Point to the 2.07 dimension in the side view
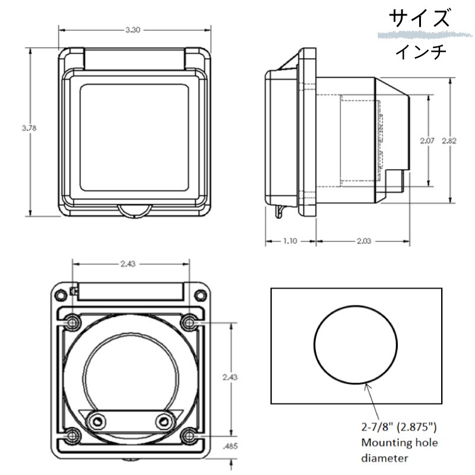coord(427,141)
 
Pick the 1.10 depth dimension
coord(290,242)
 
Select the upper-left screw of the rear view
coord(72,322)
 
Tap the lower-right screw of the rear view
coord(189,435)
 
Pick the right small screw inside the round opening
coord(164,421)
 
